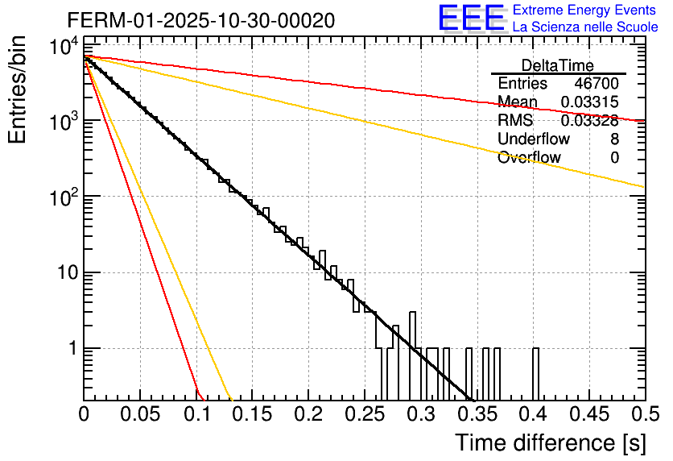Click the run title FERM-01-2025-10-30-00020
tap(201, 19)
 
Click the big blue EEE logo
tap(471, 19)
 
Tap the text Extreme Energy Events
tap(585, 10)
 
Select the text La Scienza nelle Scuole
tap(585, 27)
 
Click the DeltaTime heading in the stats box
tap(558, 65)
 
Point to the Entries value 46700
tap(597, 84)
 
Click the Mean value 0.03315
tap(589, 102)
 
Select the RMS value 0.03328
tap(589, 121)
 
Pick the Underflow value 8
tap(614, 139)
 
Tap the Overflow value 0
tap(614, 158)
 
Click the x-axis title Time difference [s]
tap(550, 443)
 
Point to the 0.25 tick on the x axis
tap(364, 415)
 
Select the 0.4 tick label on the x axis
tap(532, 415)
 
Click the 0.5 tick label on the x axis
tap(643, 415)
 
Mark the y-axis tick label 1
tap(71, 349)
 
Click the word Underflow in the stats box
tap(529, 139)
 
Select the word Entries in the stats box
tap(522, 84)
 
